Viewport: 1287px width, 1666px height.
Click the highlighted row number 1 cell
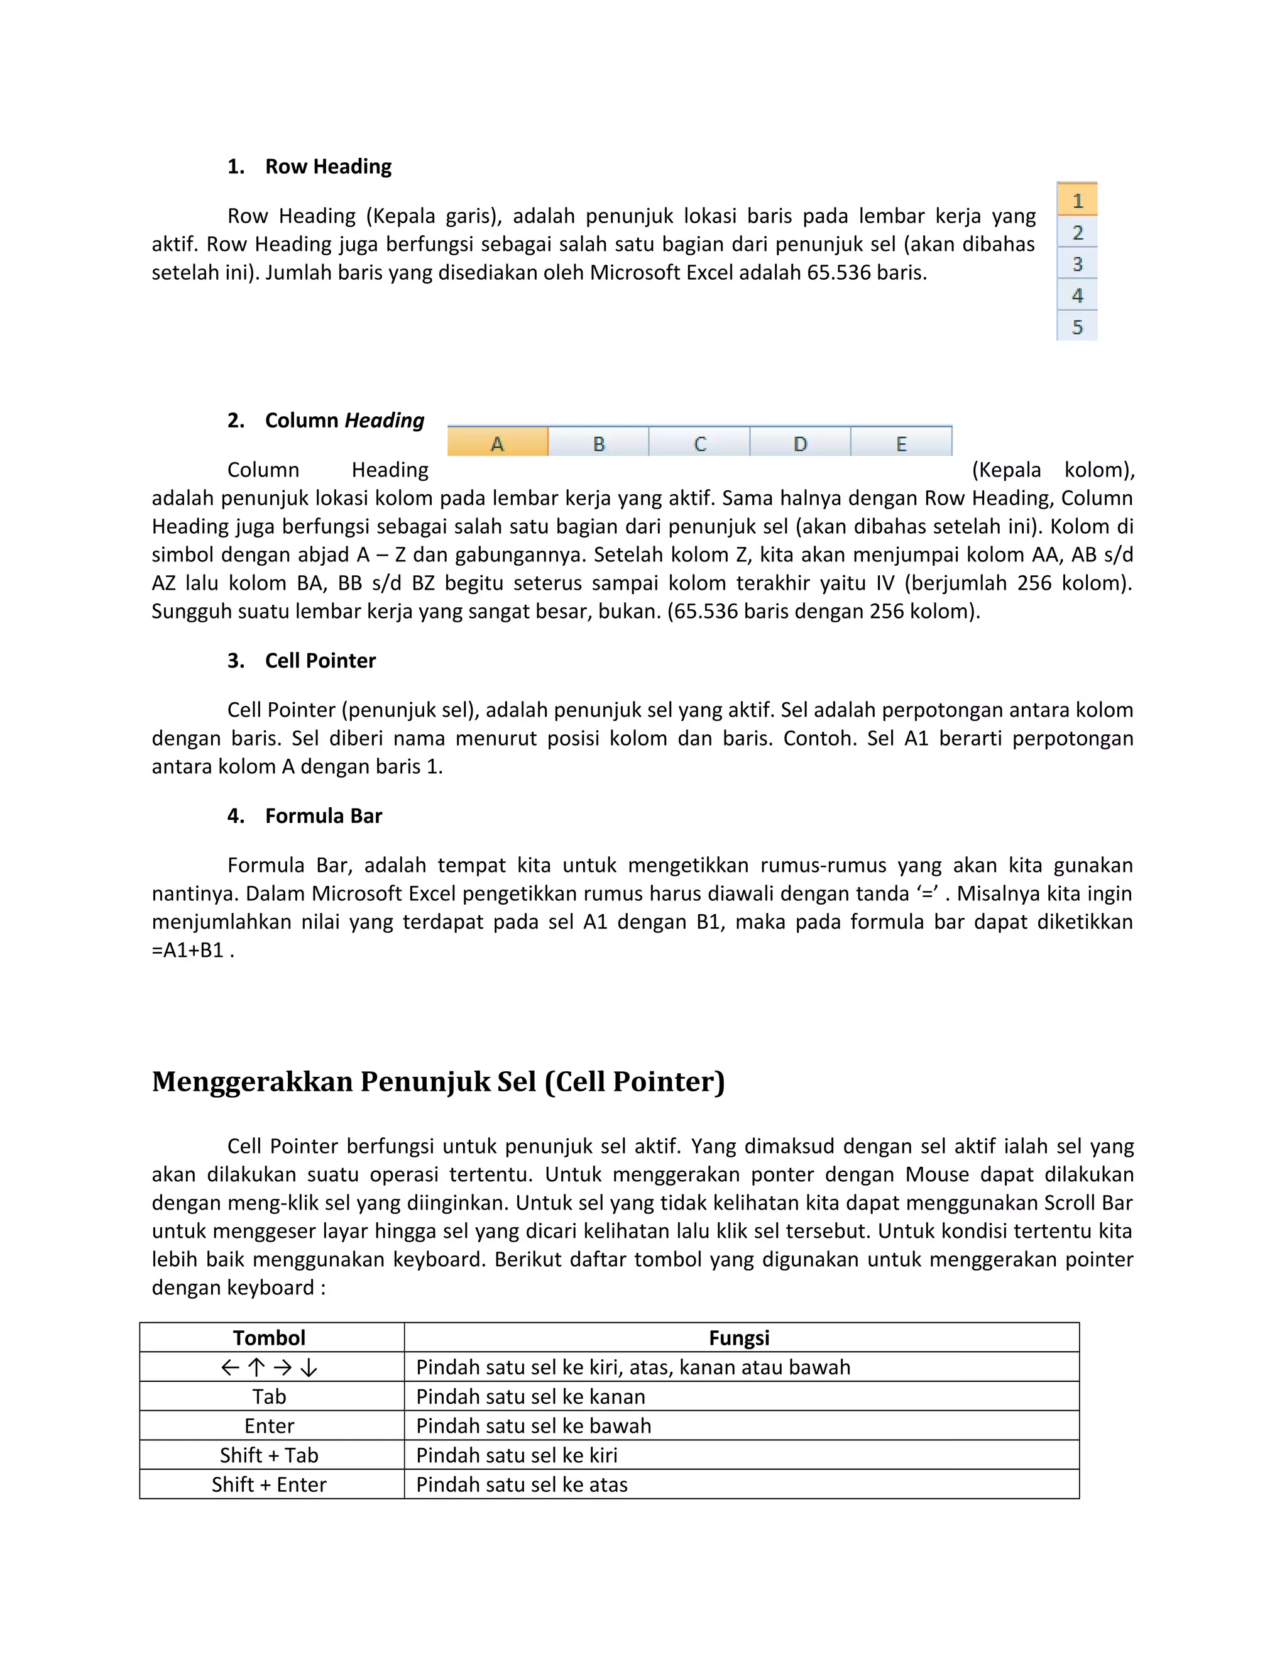[x=1076, y=201]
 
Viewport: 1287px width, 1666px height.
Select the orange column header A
[x=497, y=443]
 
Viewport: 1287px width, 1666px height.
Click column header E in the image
[x=901, y=443]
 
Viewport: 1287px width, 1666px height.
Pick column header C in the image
[x=699, y=443]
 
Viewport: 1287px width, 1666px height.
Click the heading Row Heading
[x=328, y=167]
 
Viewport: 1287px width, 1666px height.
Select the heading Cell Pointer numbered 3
[x=320, y=661]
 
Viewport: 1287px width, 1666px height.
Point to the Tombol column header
[x=269, y=1338]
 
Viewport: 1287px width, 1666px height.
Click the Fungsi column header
[x=739, y=1338]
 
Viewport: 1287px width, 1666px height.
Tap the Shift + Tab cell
[x=269, y=1455]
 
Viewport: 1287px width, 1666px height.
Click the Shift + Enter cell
[x=269, y=1484]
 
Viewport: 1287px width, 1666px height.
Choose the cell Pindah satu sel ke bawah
[x=534, y=1426]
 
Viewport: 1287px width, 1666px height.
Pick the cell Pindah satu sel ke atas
[x=522, y=1484]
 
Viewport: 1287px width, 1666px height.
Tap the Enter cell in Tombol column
[x=269, y=1426]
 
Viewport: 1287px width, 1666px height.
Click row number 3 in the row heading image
[x=1076, y=264]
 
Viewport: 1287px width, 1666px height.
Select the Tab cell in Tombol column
[x=269, y=1397]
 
